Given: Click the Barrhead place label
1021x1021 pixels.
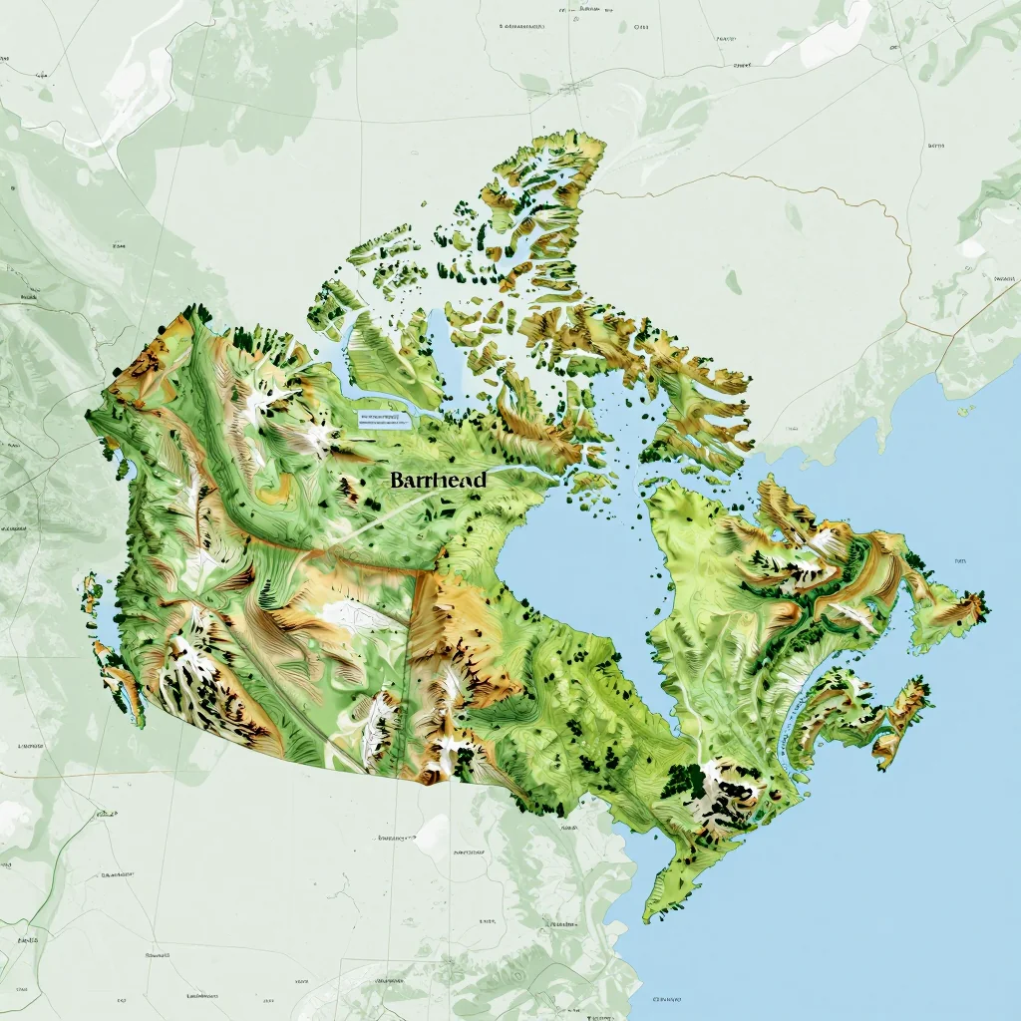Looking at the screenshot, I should pyautogui.click(x=439, y=480).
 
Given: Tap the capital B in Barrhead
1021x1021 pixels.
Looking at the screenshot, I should pyautogui.click(x=397, y=480).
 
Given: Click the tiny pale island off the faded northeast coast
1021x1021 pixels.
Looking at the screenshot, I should pyautogui.click(x=964, y=410).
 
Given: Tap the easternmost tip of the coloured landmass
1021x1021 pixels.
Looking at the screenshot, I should pyautogui.click(x=988, y=602).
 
